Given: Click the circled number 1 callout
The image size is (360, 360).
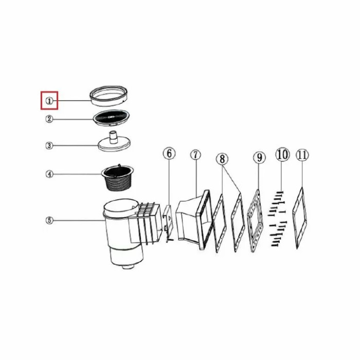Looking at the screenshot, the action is [x=49, y=101].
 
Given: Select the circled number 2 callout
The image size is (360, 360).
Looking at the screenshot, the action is [x=49, y=119].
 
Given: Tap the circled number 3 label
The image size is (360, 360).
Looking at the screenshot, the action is [x=49, y=146].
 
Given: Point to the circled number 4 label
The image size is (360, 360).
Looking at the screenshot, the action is [x=49, y=174].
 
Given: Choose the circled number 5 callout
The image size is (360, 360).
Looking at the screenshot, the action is [x=49, y=221].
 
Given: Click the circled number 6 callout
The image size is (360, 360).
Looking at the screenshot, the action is [x=169, y=153].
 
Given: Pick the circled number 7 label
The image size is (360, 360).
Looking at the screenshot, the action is [x=195, y=155].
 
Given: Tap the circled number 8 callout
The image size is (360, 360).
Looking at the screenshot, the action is [x=222, y=159].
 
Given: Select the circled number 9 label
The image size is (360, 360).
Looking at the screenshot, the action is [x=259, y=157].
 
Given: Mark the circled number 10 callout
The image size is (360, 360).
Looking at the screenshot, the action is [x=282, y=154].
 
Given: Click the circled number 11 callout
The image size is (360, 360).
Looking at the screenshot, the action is [x=302, y=155].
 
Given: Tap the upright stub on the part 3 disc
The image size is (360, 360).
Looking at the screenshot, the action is [x=113, y=137].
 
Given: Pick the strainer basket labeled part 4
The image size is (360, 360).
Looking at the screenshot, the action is [x=117, y=178].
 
